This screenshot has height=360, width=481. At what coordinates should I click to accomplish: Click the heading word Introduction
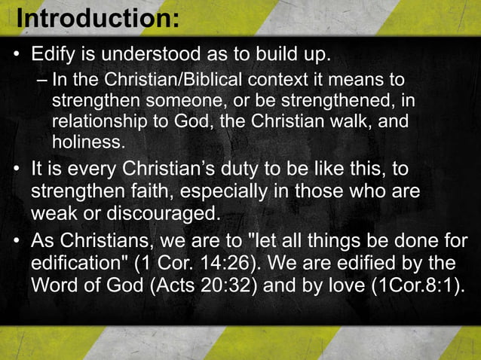[96, 17]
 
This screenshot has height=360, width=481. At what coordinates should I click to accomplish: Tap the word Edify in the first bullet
[54, 56]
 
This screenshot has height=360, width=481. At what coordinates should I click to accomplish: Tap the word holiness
[87, 141]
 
